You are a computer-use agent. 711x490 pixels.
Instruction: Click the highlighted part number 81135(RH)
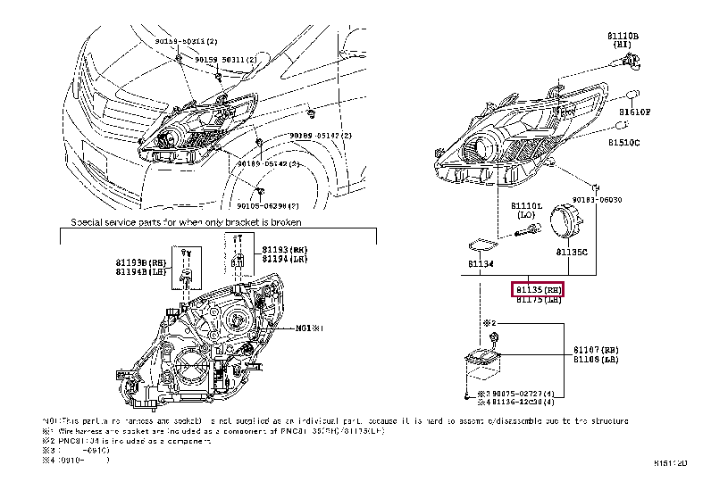tap(539, 289)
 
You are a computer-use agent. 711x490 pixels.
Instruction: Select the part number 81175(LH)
tap(539, 300)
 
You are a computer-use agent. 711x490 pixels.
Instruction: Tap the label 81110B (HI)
tap(623, 40)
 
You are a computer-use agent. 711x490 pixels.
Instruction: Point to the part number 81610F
tap(635, 112)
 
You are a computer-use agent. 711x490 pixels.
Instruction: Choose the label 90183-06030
tap(597, 200)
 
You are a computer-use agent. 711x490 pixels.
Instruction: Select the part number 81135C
tap(572, 253)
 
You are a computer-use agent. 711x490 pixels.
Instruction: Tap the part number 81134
tap(480, 264)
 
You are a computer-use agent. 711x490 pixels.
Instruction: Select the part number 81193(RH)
tap(285, 249)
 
